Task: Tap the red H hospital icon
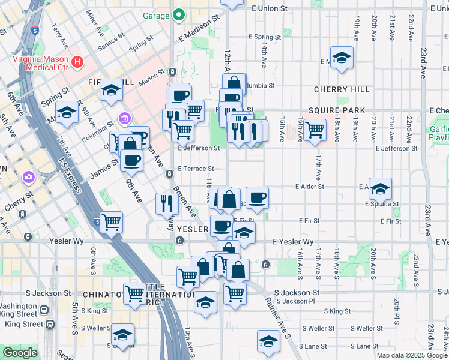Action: click(77, 62)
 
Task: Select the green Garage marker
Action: click(178, 15)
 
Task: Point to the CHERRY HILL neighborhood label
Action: click(342, 89)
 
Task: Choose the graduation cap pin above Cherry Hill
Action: click(342, 58)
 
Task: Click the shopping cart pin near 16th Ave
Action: click(314, 129)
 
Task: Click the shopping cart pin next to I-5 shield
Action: click(112, 222)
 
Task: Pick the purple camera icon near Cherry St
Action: click(28, 177)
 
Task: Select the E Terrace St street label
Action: click(196, 169)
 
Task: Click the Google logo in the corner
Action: click(20, 353)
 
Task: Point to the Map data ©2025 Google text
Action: click(411, 355)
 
